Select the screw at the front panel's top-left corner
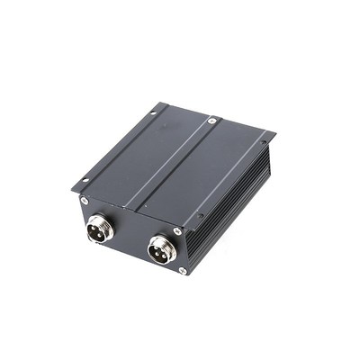tap(84, 200)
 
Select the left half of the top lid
tap(135, 157)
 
